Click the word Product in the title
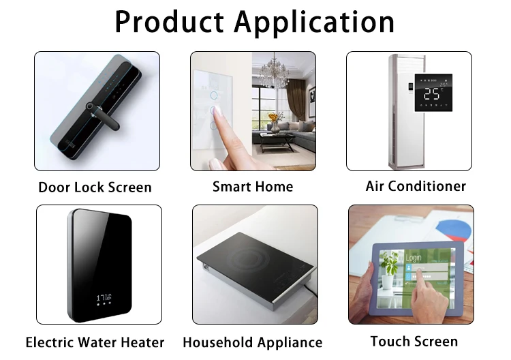[170, 22]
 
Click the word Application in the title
[315, 23]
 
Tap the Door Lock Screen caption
[95, 187]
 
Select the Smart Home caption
[253, 186]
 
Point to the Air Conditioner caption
[416, 186]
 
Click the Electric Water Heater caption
[95, 342]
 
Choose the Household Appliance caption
[253, 342]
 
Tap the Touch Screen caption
[414, 342]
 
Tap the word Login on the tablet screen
[414, 258]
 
